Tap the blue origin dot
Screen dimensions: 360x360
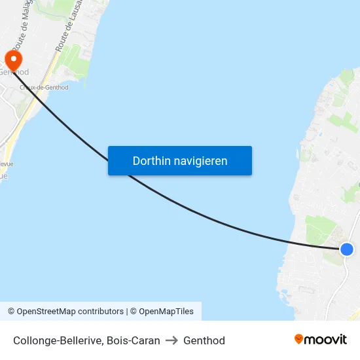pyautogui.click(x=347, y=249)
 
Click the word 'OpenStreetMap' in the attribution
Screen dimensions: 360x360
pyautogui.click(x=46, y=312)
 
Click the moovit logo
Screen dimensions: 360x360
pyautogui.click(x=320, y=340)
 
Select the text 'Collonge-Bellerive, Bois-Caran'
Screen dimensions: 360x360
pyautogui.click(x=86, y=340)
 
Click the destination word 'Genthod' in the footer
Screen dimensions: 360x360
pyautogui.click(x=204, y=340)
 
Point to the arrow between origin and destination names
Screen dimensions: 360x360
pyautogui.click(x=171, y=340)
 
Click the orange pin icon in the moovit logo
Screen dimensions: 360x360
pyautogui.click(x=299, y=340)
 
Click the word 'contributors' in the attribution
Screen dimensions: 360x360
pyautogui.click(x=101, y=312)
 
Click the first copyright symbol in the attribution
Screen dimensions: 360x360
pyautogui.click(x=11, y=312)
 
